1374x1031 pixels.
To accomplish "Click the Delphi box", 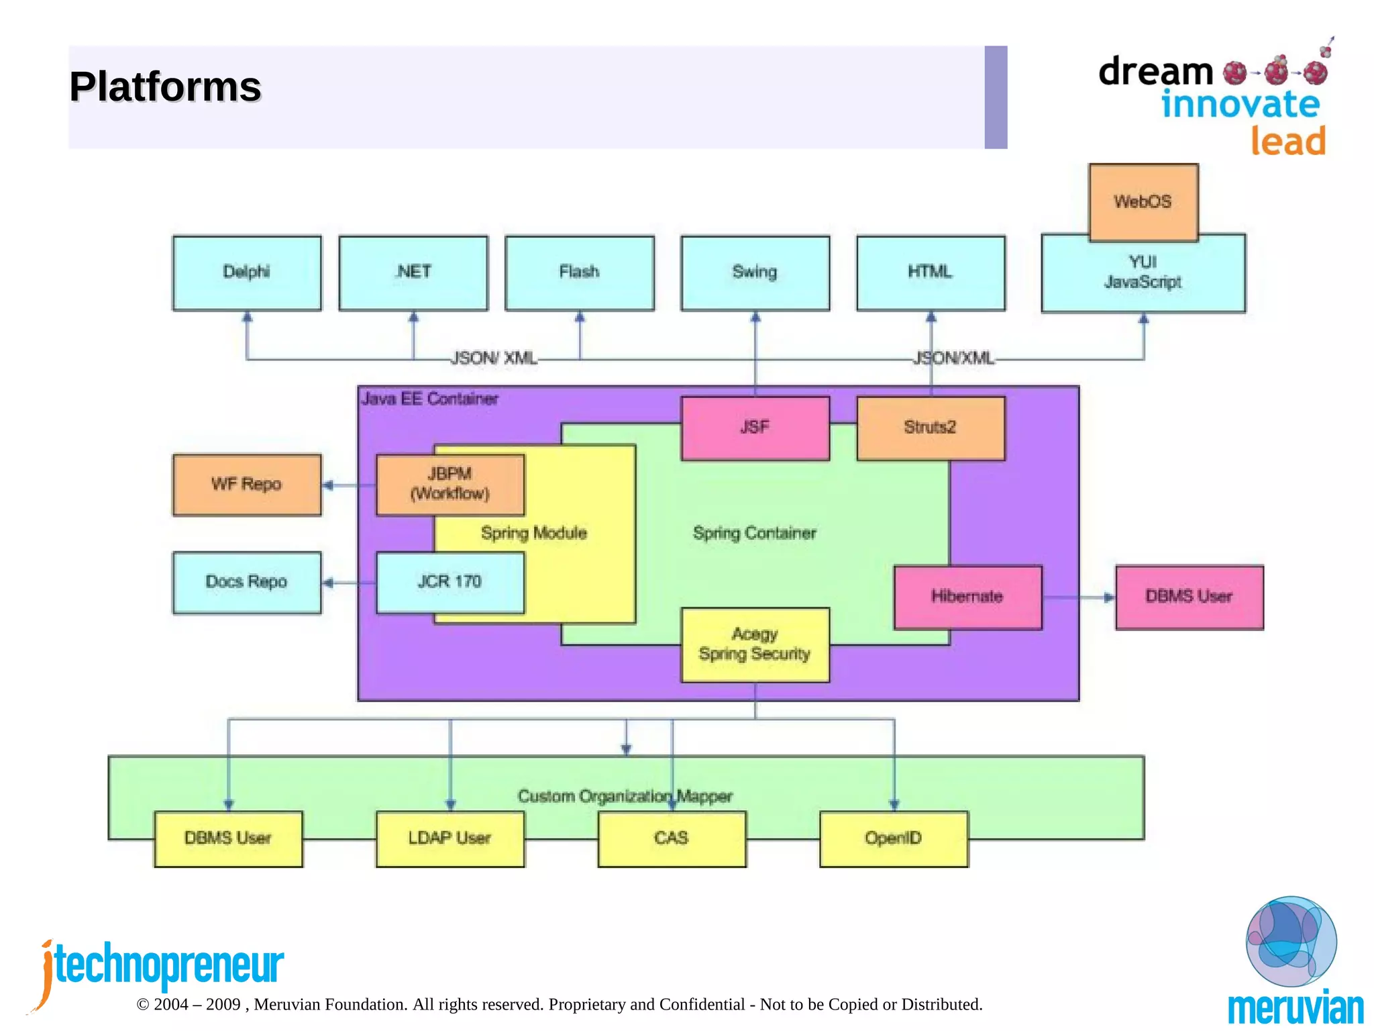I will click(247, 273).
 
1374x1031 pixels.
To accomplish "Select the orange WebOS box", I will click(1143, 202).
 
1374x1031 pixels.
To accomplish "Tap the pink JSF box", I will click(755, 428).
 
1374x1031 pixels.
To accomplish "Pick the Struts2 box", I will click(931, 428).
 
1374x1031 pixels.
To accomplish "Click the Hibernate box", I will click(967, 597).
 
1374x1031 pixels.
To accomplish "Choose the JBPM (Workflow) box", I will click(450, 484).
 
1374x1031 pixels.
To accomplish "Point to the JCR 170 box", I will click(450, 582).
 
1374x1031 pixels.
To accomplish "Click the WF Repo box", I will click(247, 485).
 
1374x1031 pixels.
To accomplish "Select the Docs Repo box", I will click(247, 582).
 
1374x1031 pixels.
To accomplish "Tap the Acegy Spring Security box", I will click(755, 644).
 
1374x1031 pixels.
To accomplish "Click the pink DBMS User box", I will click(1189, 597).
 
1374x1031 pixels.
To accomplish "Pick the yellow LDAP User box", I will click(450, 838).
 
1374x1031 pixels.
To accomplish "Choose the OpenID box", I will click(894, 838).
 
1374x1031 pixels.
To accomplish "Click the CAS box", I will click(672, 838).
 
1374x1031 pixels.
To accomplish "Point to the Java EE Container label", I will click(430, 399).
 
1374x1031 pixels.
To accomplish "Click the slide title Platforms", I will click(165, 87).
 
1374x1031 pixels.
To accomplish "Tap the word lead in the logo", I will click(1287, 142).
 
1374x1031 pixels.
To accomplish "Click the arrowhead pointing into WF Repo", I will click(328, 485).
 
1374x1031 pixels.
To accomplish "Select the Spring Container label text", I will click(754, 534).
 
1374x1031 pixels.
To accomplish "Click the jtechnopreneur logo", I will click(161, 967).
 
